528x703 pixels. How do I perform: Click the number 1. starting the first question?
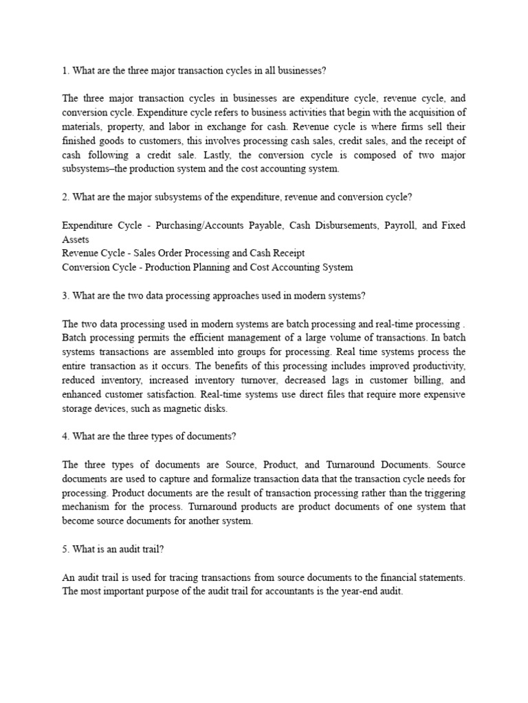[x=66, y=69]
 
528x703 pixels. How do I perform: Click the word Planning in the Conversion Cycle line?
[x=200, y=267]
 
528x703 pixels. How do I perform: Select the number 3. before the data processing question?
[x=66, y=295]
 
